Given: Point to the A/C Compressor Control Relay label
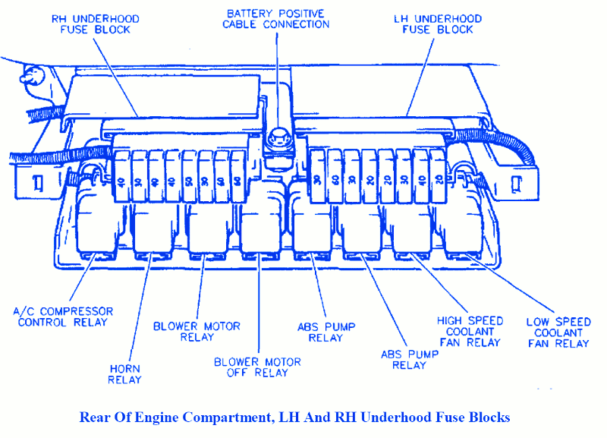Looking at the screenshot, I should pyautogui.click(x=64, y=317).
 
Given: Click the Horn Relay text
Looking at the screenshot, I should pyautogui.click(x=124, y=373).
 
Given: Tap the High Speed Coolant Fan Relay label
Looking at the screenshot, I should pyautogui.click(x=469, y=332).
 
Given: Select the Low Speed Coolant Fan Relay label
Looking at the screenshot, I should pyautogui.click(x=558, y=332).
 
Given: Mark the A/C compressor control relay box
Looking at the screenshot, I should pyautogui.click(x=103, y=228).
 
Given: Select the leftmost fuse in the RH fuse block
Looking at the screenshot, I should pyautogui.click(x=122, y=181).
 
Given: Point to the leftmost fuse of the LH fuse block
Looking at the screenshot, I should pyautogui.click(x=317, y=181).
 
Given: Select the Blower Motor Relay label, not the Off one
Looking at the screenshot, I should pyautogui.click(x=197, y=331).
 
